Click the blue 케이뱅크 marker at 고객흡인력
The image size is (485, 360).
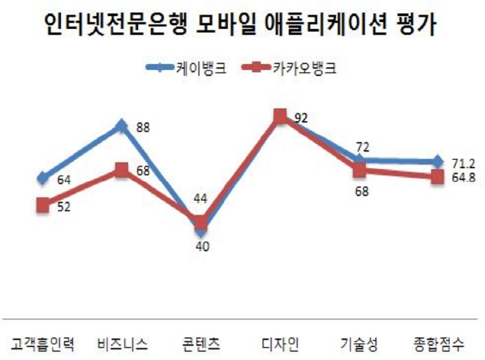click(43, 179)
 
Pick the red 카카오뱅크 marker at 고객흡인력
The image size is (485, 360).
click(43, 205)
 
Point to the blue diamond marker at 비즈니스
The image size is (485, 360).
click(122, 126)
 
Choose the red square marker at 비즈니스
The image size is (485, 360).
click(122, 170)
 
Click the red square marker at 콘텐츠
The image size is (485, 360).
click(201, 222)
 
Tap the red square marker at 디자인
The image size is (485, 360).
click(280, 116)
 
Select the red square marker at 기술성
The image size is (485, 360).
click(359, 170)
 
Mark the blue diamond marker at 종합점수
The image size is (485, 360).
click(437, 162)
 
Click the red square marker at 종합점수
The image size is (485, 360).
click(437, 177)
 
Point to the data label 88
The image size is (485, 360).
click(143, 127)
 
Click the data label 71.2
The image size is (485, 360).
click(462, 163)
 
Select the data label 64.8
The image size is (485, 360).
click(462, 178)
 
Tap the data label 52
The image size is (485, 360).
click(64, 206)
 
